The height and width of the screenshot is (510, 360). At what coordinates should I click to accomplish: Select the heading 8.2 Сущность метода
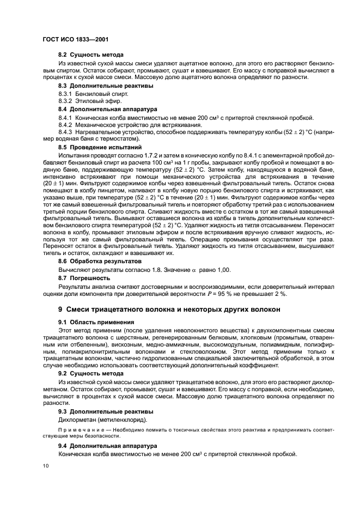(90, 55)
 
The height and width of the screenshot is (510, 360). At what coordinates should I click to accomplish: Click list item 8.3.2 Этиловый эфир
(83, 101)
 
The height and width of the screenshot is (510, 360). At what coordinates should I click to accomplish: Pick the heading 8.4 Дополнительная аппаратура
(107, 109)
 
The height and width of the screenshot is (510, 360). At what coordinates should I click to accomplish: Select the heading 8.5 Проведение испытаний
(100, 147)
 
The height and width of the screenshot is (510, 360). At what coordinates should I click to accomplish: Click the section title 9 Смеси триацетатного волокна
(169, 309)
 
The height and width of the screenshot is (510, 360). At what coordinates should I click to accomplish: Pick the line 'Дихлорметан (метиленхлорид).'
(100, 420)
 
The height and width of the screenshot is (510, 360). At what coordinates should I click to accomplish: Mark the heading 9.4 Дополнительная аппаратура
(107, 446)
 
